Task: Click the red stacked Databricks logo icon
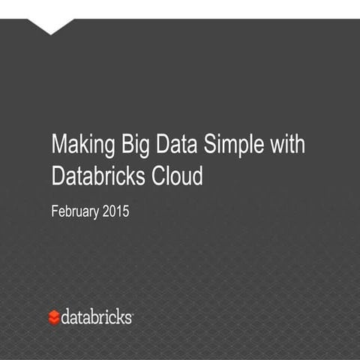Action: coord(54,317)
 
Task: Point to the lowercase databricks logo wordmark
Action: coord(97,316)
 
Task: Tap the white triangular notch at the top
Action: coord(50,26)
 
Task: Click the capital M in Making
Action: coord(58,144)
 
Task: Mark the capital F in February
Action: coord(54,211)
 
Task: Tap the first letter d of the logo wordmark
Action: coord(65,316)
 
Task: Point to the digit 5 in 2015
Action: coord(126,211)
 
